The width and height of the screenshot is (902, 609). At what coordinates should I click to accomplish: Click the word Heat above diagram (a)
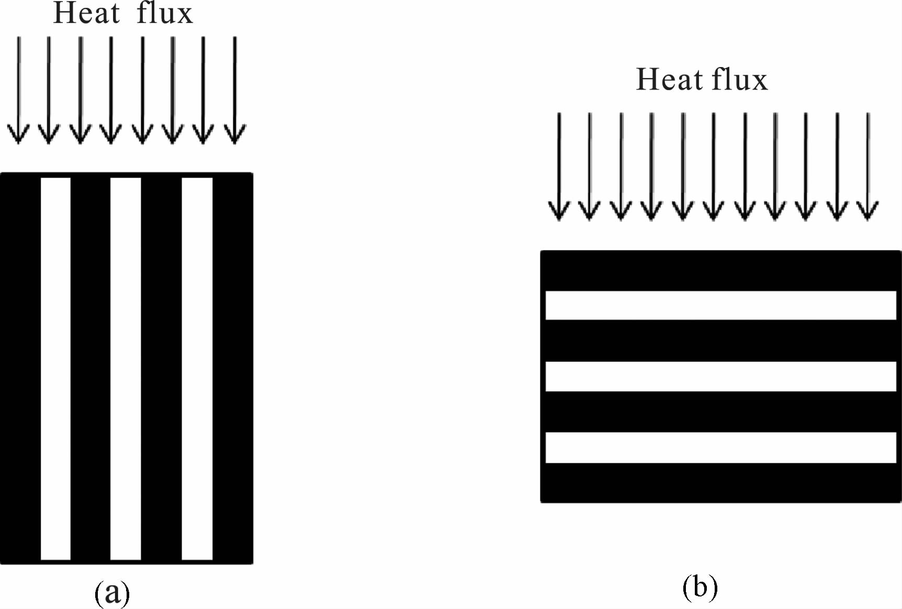tap(86, 14)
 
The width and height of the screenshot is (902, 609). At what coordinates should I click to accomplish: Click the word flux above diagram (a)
tap(165, 14)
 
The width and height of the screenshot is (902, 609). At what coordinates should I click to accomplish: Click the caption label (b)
tap(700, 588)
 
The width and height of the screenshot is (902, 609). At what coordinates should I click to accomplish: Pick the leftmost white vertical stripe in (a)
tap(55, 369)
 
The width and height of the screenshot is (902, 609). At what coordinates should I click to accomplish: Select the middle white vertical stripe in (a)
tap(126, 369)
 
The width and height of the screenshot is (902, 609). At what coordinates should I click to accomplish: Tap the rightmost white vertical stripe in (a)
tap(197, 369)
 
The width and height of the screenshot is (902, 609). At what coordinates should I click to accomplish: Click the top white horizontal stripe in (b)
tap(720, 305)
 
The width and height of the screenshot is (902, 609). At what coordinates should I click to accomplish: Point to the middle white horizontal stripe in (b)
tap(720, 376)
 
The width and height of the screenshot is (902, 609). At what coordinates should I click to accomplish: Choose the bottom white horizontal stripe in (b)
tap(720, 447)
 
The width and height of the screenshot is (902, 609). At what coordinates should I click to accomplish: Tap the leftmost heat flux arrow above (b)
tap(559, 167)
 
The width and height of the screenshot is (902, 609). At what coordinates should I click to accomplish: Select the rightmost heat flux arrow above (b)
tap(868, 167)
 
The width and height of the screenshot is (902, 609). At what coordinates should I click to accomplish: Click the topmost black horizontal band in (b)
tap(720, 271)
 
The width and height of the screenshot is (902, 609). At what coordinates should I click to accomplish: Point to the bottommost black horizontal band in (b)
tap(720, 482)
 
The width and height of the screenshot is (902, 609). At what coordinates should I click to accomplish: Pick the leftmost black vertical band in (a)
tap(20, 369)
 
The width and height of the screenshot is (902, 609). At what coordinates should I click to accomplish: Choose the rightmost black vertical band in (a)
tap(233, 369)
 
